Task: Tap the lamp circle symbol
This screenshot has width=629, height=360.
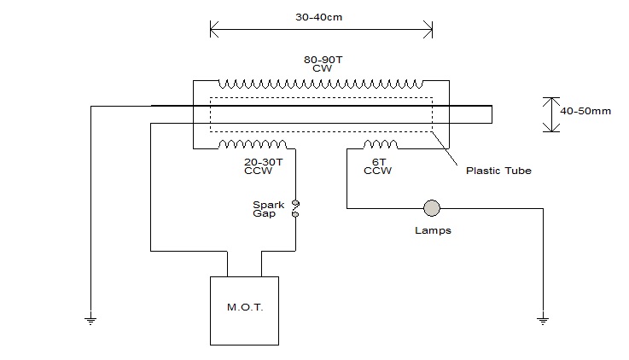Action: point(432,208)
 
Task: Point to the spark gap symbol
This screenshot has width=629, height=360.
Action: point(295,209)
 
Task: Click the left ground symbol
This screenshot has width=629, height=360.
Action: point(90,320)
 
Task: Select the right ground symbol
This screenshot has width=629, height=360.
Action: point(543,320)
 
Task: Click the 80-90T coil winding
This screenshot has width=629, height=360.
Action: point(321,84)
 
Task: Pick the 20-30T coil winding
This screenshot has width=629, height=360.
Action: point(253,144)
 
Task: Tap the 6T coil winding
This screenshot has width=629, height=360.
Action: point(381,144)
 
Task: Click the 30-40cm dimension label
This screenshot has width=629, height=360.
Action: point(319,17)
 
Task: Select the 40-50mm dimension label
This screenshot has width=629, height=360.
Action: point(585,111)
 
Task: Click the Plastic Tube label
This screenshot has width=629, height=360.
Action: point(498,171)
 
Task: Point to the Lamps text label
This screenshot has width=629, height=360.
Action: point(433,230)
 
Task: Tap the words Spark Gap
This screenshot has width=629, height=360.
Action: point(268,209)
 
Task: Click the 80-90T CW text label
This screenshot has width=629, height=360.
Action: point(323,64)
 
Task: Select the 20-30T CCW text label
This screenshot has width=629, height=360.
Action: point(263,166)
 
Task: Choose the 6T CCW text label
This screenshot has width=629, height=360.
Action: point(377,166)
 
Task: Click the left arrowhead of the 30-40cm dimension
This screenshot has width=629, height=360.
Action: point(214,29)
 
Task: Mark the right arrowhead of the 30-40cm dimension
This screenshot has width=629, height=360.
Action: point(428,29)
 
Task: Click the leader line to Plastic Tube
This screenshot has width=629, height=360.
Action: point(445,148)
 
